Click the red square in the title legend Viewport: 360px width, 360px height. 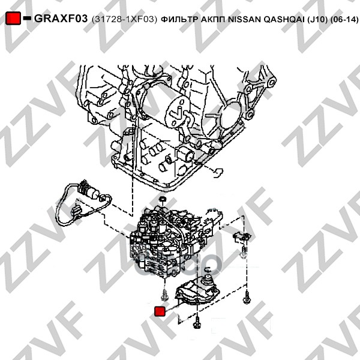pyautogui.click(x=13, y=18)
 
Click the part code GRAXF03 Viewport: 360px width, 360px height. pyautogui.click(x=61, y=19)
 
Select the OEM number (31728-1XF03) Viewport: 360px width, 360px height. pyautogui.click(x=124, y=19)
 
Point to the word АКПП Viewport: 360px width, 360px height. pyautogui.click(x=213, y=20)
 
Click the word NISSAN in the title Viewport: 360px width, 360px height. pyautogui.click(x=244, y=20)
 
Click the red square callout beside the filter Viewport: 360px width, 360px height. pyautogui.click(x=160, y=311)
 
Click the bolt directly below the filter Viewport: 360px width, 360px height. pyautogui.click(x=196, y=322)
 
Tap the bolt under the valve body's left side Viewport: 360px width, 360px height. pyautogui.click(x=165, y=295)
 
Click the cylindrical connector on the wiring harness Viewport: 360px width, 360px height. pyautogui.click(x=88, y=190)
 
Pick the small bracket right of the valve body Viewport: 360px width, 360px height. pyautogui.click(x=242, y=237)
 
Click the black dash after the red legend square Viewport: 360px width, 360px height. pyautogui.click(x=27, y=18)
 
